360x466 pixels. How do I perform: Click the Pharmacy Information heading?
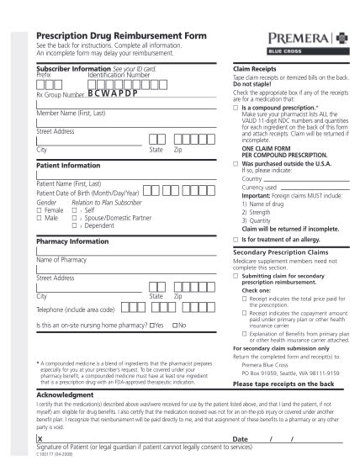click(72, 241)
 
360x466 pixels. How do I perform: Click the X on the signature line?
click(40, 440)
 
